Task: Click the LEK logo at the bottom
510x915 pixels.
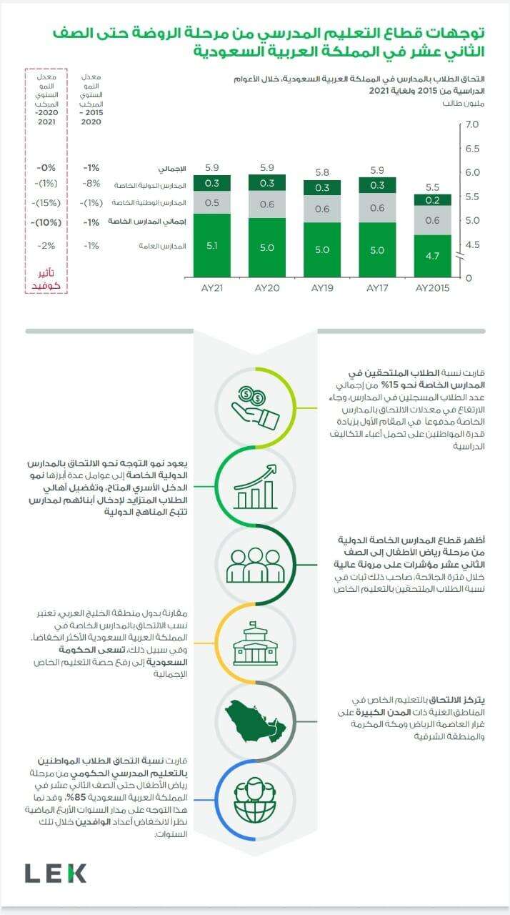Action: point(56,873)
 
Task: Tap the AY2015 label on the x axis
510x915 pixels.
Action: point(433,288)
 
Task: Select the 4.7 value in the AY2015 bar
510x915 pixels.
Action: point(433,254)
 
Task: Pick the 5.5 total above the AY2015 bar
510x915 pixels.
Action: point(433,187)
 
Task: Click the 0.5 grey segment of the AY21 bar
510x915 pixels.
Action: point(211,203)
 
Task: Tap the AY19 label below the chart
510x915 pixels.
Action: point(323,288)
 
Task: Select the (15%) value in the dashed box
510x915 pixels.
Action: point(46,203)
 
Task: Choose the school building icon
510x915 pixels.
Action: point(255,647)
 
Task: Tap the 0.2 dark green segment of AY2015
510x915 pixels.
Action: point(433,200)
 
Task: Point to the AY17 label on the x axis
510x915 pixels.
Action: point(377,288)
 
